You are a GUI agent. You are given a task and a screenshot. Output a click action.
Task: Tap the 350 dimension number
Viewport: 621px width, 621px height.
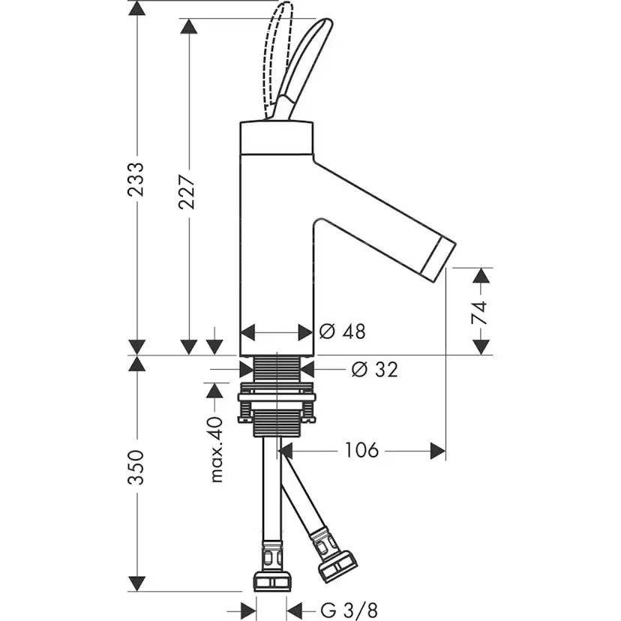tap(136, 466)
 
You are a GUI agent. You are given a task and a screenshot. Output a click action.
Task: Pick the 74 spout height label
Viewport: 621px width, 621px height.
tap(480, 311)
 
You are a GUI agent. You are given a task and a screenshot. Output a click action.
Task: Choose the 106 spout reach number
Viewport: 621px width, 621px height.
tap(361, 450)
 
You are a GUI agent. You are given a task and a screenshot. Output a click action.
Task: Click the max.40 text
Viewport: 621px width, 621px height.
tap(217, 449)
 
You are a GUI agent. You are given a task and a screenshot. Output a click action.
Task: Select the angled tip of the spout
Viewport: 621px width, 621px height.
tap(438, 259)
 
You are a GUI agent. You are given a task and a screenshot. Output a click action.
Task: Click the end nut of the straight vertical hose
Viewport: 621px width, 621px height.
tap(272, 579)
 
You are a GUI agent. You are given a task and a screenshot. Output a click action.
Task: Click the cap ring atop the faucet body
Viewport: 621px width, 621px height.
tap(276, 136)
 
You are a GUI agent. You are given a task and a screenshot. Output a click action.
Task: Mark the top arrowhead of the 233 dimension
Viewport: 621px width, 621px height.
tap(136, 9)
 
